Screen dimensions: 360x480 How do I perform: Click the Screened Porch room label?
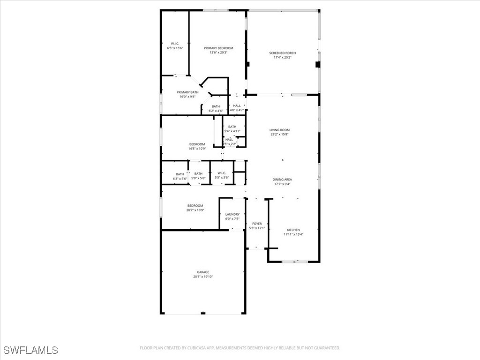282,53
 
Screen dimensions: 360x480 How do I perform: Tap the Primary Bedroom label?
218,48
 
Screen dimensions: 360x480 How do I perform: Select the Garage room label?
203,272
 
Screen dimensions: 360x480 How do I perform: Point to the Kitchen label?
293,230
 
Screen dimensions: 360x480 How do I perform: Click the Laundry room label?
232,214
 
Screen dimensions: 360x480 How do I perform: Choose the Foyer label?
257,224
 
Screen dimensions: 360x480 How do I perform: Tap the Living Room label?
279,130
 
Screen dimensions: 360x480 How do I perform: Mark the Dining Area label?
282,179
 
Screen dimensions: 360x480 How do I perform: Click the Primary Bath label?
187,92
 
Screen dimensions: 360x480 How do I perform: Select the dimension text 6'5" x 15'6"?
175,48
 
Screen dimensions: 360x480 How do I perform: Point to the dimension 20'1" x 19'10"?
203,277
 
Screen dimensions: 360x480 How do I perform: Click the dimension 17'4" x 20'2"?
282,58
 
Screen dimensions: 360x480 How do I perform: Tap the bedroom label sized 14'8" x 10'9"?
197,144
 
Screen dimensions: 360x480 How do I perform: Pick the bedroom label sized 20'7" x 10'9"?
195,205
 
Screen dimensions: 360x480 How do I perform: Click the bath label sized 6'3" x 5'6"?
180,174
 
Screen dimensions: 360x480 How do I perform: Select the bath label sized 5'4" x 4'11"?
232,127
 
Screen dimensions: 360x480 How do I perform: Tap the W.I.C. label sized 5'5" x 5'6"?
222,173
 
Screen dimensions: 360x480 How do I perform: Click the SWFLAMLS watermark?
30,350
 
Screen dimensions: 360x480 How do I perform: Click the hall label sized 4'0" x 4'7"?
237,106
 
